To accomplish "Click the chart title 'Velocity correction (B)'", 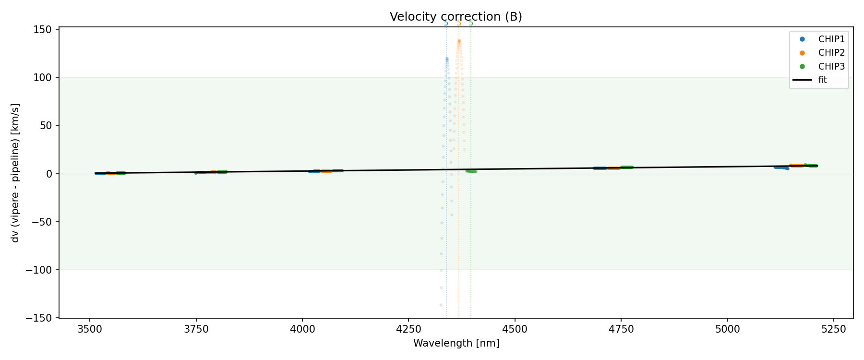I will coord(456,17).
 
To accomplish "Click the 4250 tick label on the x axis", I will coord(408,329).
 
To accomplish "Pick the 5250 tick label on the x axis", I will coord(834,329).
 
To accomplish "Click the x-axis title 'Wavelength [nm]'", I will coord(456,344).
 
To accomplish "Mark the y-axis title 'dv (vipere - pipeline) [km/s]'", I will coord(16,173).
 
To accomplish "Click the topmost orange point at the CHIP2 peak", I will coord(459,41).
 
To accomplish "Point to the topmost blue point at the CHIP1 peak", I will coord(447,59).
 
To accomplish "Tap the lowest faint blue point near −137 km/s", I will coord(441,305).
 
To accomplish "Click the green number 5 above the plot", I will coord(471,24).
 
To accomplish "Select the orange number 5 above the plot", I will coord(459,24).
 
